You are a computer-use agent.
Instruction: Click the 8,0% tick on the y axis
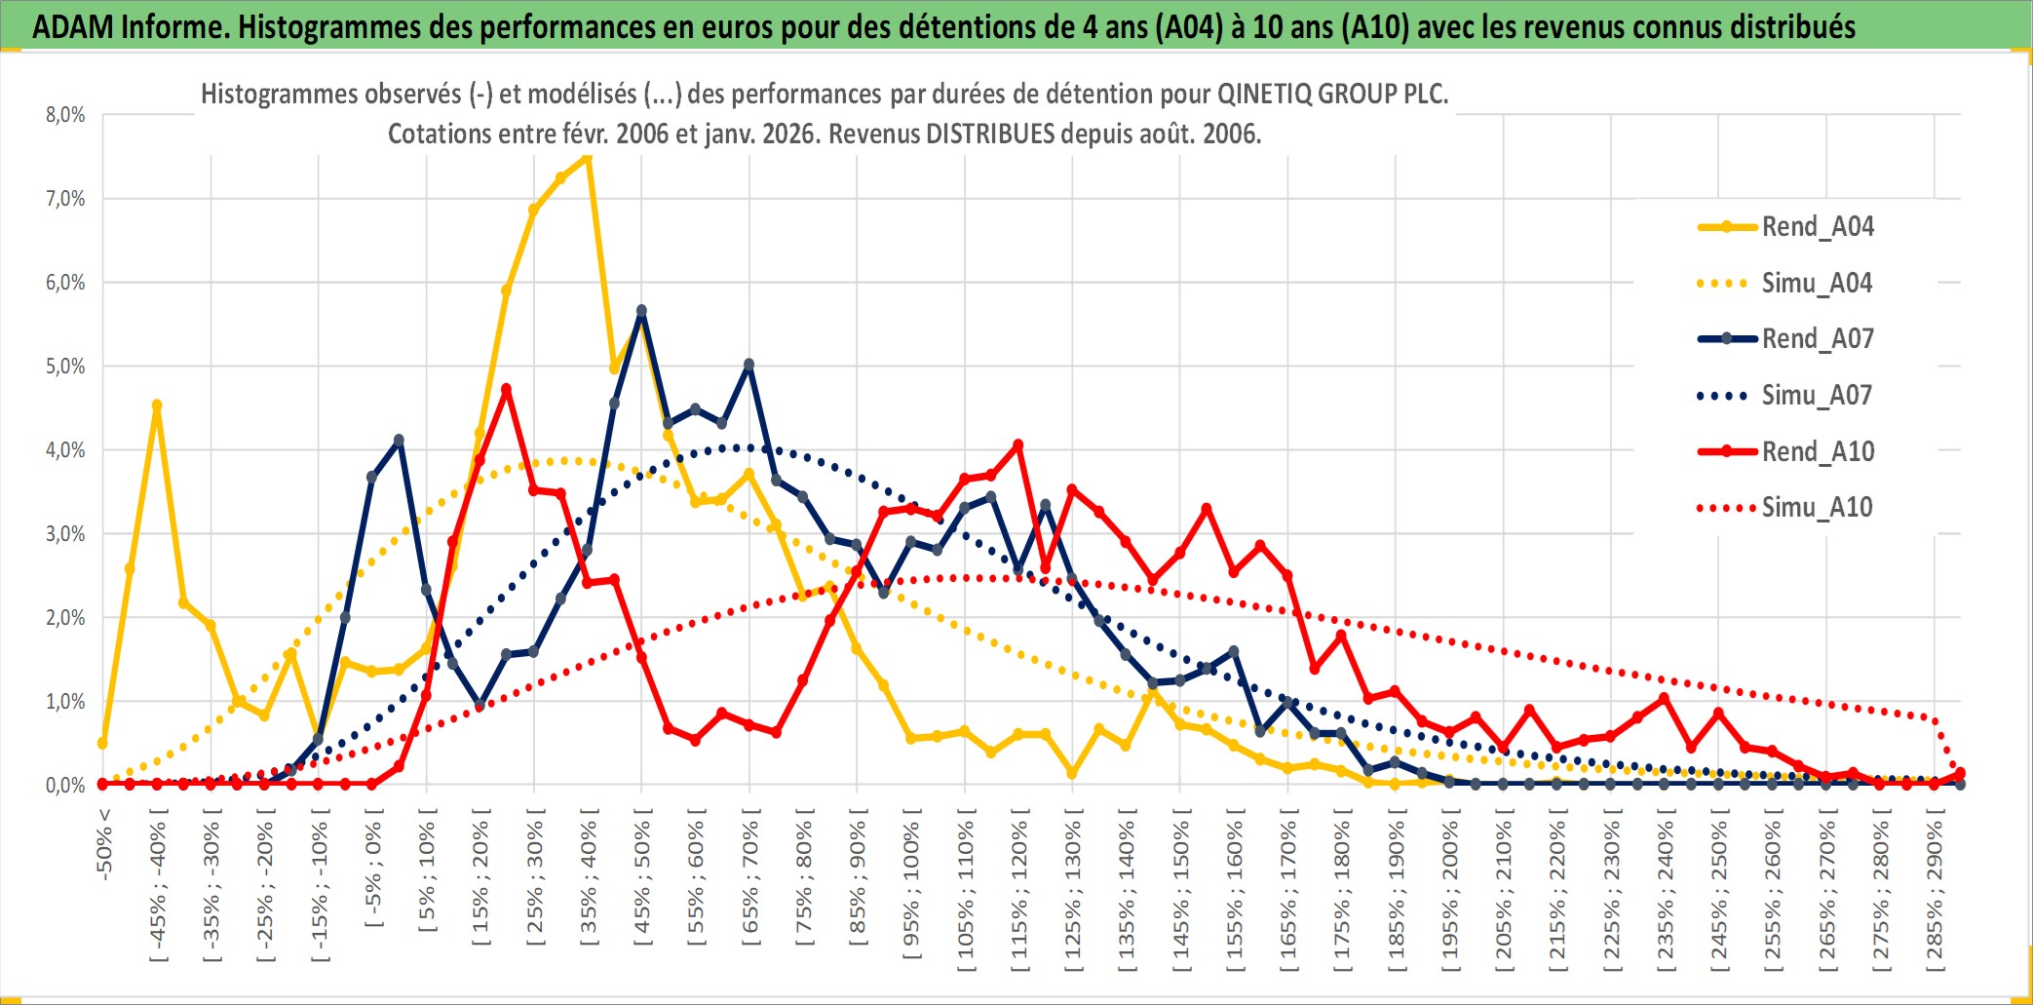pos(65,115)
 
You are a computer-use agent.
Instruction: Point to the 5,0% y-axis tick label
pos(65,367)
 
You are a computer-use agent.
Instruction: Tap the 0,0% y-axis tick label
pos(65,785)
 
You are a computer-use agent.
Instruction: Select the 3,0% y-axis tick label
pos(65,534)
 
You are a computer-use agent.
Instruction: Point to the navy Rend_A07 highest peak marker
pos(641,311)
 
